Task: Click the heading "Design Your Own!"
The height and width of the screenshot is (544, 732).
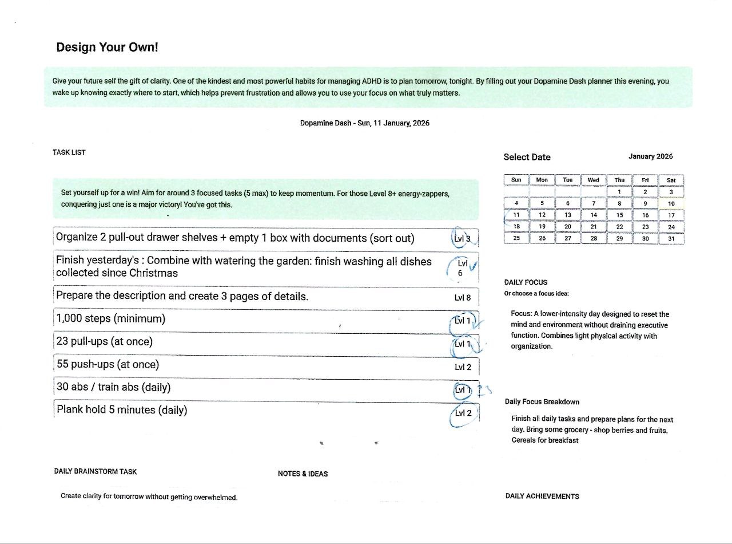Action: tap(107, 47)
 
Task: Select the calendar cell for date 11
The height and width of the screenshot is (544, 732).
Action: tap(516, 215)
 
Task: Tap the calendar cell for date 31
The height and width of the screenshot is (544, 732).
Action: tap(671, 238)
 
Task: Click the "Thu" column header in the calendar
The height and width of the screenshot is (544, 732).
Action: tap(619, 180)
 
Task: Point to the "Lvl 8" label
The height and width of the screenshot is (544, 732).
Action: tap(463, 297)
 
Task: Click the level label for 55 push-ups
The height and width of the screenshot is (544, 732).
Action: tap(463, 367)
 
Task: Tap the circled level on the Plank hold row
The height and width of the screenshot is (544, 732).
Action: tap(463, 413)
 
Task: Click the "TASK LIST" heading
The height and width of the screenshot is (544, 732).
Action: tap(69, 152)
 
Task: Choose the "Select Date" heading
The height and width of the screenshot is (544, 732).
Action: tap(527, 157)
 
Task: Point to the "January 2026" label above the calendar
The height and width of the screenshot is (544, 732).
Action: tap(650, 156)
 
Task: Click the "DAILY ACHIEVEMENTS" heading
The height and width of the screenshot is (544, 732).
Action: tap(542, 496)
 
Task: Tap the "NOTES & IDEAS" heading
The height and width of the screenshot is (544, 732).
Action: tap(303, 474)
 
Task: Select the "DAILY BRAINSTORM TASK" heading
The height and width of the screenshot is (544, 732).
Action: tap(96, 471)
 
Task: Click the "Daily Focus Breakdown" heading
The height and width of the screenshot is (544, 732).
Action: tap(542, 401)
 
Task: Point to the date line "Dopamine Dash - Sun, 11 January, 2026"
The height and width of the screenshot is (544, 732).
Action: tap(364, 123)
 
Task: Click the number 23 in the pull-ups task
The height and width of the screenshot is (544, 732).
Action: tap(62, 342)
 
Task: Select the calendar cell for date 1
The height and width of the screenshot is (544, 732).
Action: tap(619, 192)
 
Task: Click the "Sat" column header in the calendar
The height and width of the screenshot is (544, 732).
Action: tap(671, 180)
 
